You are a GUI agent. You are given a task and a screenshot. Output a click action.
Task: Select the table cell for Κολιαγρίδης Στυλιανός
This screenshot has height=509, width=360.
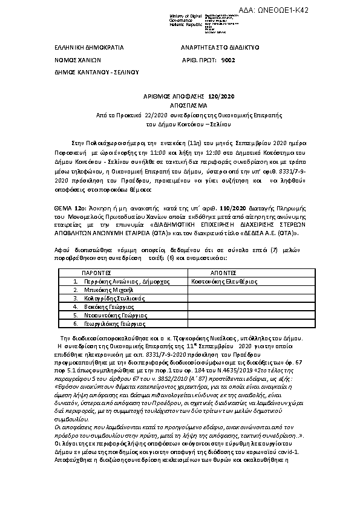pyautogui.click(x=108, y=299)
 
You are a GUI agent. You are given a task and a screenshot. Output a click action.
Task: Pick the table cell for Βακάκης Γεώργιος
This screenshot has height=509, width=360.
pyautogui.click(x=100, y=307)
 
